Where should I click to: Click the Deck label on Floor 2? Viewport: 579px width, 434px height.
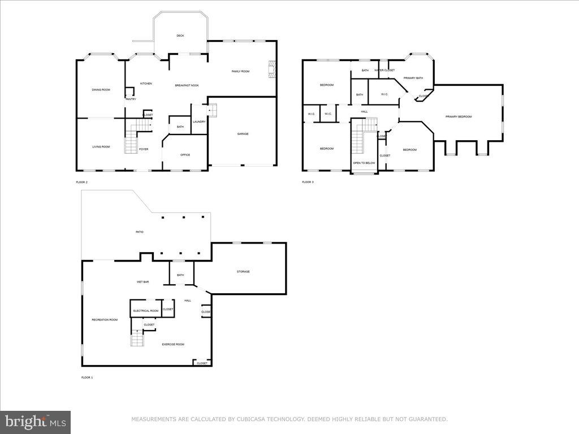pos(180,36)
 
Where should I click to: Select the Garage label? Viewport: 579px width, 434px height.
pos(243,134)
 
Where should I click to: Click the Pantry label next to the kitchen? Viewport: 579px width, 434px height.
pos(131,99)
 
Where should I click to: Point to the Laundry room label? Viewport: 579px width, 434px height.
pos(198,121)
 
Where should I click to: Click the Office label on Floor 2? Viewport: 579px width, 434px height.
pos(185,155)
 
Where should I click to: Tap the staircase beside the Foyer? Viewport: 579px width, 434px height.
pos(131,142)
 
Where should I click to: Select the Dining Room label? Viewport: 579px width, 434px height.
pos(101,90)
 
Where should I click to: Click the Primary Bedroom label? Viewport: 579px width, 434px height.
pos(458,117)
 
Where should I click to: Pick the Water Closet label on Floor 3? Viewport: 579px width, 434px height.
pos(384,70)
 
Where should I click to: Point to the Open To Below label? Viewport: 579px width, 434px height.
pos(364,163)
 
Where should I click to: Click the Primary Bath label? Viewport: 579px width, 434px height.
pos(413,78)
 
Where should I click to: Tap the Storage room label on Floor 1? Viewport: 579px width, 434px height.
pos(243,272)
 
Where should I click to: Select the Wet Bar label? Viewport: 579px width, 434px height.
pos(142,281)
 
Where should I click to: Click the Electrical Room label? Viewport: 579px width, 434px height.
pos(146,311)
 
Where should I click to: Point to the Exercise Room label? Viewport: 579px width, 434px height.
pos(173,344)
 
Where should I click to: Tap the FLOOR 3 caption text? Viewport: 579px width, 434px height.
pos(308,182)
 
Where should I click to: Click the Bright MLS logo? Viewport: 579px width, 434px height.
pos(35,422)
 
